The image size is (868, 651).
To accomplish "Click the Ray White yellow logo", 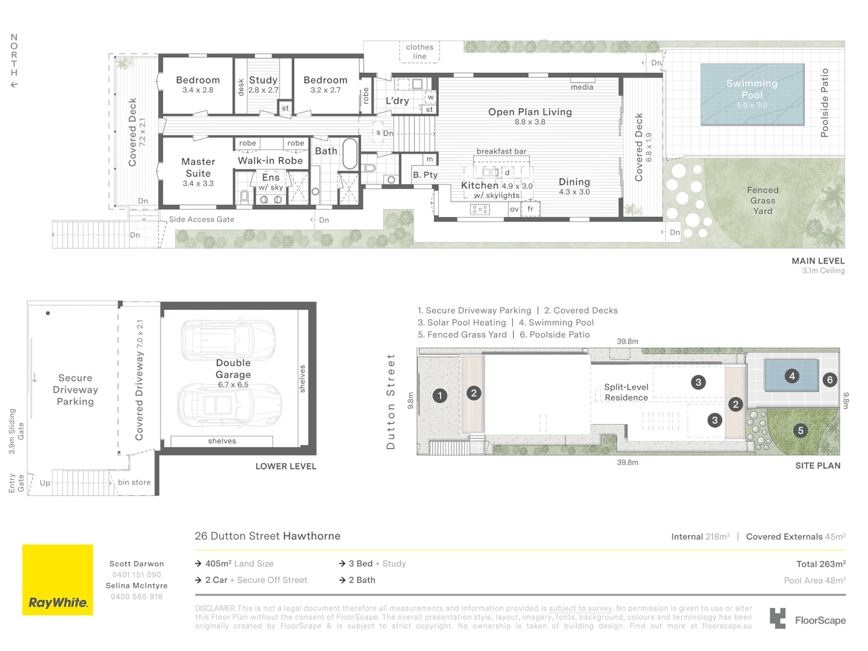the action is tap(57, 579).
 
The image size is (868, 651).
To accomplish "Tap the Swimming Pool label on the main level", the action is tap(752, 89).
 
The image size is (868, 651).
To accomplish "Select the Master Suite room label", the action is tap(198, 168).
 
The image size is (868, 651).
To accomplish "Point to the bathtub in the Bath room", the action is tap(350, 154).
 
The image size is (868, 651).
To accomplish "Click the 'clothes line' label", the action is tap(420, 52).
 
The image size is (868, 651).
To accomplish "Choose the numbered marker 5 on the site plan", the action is tap(800, 430).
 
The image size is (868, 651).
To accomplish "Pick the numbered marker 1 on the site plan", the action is tap(440, 395).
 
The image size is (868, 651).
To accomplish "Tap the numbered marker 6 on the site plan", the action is tap(829, 380).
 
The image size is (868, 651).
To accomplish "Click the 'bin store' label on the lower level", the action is tap(134, 482).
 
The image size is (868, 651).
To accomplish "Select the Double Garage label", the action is tap(233, 369).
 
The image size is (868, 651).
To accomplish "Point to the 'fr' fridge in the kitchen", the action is tap(530, 209).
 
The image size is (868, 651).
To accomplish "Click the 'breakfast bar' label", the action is tap(502, 151).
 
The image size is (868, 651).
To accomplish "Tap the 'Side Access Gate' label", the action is tap(201, 219).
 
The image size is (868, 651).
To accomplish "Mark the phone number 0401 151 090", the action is tap(136, 574).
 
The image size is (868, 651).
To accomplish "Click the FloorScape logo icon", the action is tap(778, 618).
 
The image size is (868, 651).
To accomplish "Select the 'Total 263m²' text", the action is tap(821, 564).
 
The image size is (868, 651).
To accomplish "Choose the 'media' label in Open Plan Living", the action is tap(582, 87).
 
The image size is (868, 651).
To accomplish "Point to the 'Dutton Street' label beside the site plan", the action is tap(391, 401).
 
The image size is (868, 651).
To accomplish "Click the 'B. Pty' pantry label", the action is tap(425, 175).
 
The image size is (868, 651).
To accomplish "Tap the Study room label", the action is tap(263, 80).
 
